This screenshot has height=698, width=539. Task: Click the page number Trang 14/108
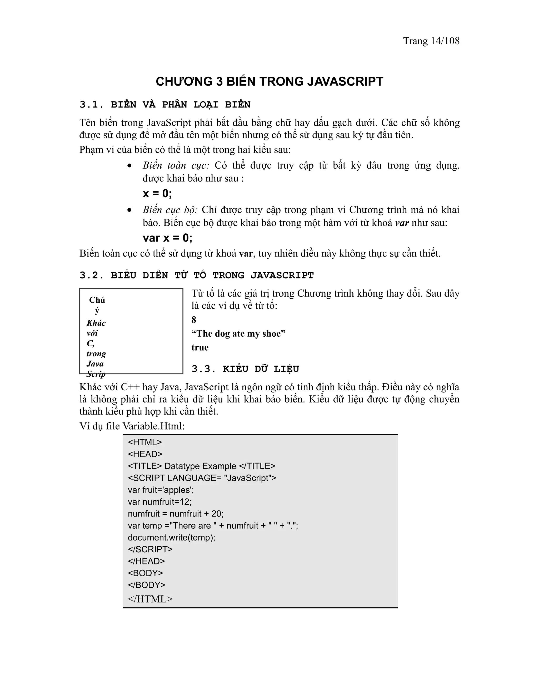pos(431,41)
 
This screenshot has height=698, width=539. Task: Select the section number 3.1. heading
pos(92,105)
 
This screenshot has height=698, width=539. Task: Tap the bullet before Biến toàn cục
pos(129,166)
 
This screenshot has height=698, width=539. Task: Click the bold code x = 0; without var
pos(157,193)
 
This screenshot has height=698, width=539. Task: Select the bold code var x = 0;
pos(167,238)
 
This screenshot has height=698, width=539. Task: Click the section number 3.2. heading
pos(92,275)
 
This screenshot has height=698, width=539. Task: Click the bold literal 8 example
pos(194,319)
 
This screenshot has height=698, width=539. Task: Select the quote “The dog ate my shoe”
pos(238,334)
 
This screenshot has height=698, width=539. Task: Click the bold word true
pos(200,347)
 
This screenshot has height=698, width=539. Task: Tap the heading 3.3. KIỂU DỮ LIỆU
pos(245,369)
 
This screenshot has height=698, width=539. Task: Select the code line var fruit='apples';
pos(161,490)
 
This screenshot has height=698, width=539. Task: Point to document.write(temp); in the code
pos(172,538)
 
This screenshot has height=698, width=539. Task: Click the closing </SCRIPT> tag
pos(150,549)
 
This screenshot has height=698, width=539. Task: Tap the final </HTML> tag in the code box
pos(150,599)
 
